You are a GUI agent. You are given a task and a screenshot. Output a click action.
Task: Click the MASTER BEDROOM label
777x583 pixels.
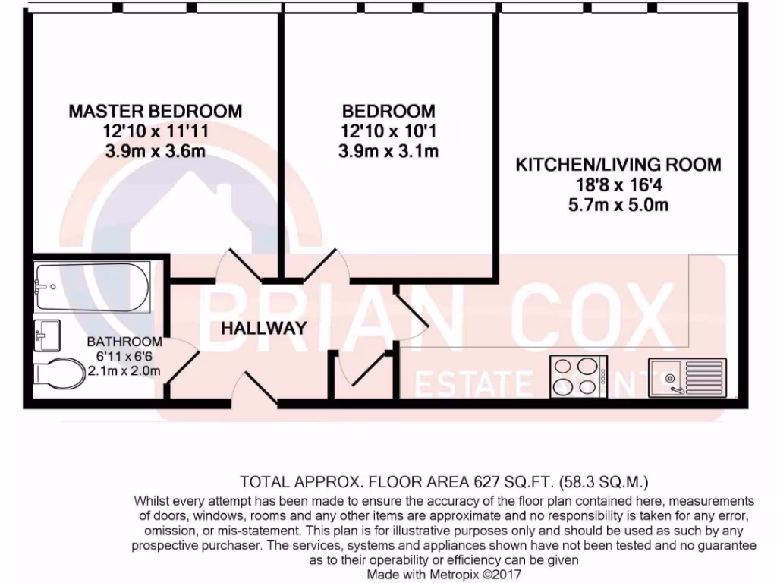(156, 111)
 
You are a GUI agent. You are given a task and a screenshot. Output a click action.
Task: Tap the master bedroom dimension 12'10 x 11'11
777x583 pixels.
(156, 131)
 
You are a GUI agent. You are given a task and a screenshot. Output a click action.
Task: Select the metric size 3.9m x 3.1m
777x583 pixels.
(388, 151)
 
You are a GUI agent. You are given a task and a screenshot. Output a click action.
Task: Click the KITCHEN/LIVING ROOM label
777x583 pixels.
(618, 164)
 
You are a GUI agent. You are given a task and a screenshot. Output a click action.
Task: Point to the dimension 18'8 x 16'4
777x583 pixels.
(618, 184)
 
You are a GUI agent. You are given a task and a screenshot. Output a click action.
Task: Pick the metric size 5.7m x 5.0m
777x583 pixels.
(618, 205)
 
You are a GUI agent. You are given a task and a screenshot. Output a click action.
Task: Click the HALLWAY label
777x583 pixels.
(264, 329)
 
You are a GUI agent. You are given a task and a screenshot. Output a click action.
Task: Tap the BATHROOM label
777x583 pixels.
(124, 342)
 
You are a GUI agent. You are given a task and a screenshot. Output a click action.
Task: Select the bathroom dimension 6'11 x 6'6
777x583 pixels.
(124, 356)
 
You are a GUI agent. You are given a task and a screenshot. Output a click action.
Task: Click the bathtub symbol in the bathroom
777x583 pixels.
(92, 288)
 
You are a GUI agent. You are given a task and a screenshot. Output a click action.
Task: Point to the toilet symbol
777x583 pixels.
(60, 373)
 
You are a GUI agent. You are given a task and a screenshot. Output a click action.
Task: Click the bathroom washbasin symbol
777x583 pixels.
(48, 332)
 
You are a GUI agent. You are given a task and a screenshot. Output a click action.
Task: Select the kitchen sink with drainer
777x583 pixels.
(687, 377)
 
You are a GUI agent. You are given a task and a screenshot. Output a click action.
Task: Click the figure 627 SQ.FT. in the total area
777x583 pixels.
(510, 481)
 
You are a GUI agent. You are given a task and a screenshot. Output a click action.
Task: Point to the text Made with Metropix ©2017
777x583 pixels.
(444, 575)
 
